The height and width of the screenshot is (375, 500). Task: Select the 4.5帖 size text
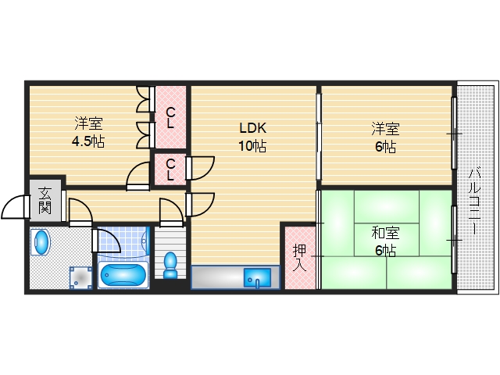coord(88,141)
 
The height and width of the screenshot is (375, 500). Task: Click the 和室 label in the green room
coord(384,233)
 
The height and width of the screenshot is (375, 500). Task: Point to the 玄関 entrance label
coord(45,201)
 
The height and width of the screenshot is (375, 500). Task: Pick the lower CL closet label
coord(170,170)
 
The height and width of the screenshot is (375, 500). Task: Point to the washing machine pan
coord(80,277)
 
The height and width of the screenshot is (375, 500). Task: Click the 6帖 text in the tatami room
coord(384,251)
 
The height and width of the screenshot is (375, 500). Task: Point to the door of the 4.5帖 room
coord(137,175)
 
